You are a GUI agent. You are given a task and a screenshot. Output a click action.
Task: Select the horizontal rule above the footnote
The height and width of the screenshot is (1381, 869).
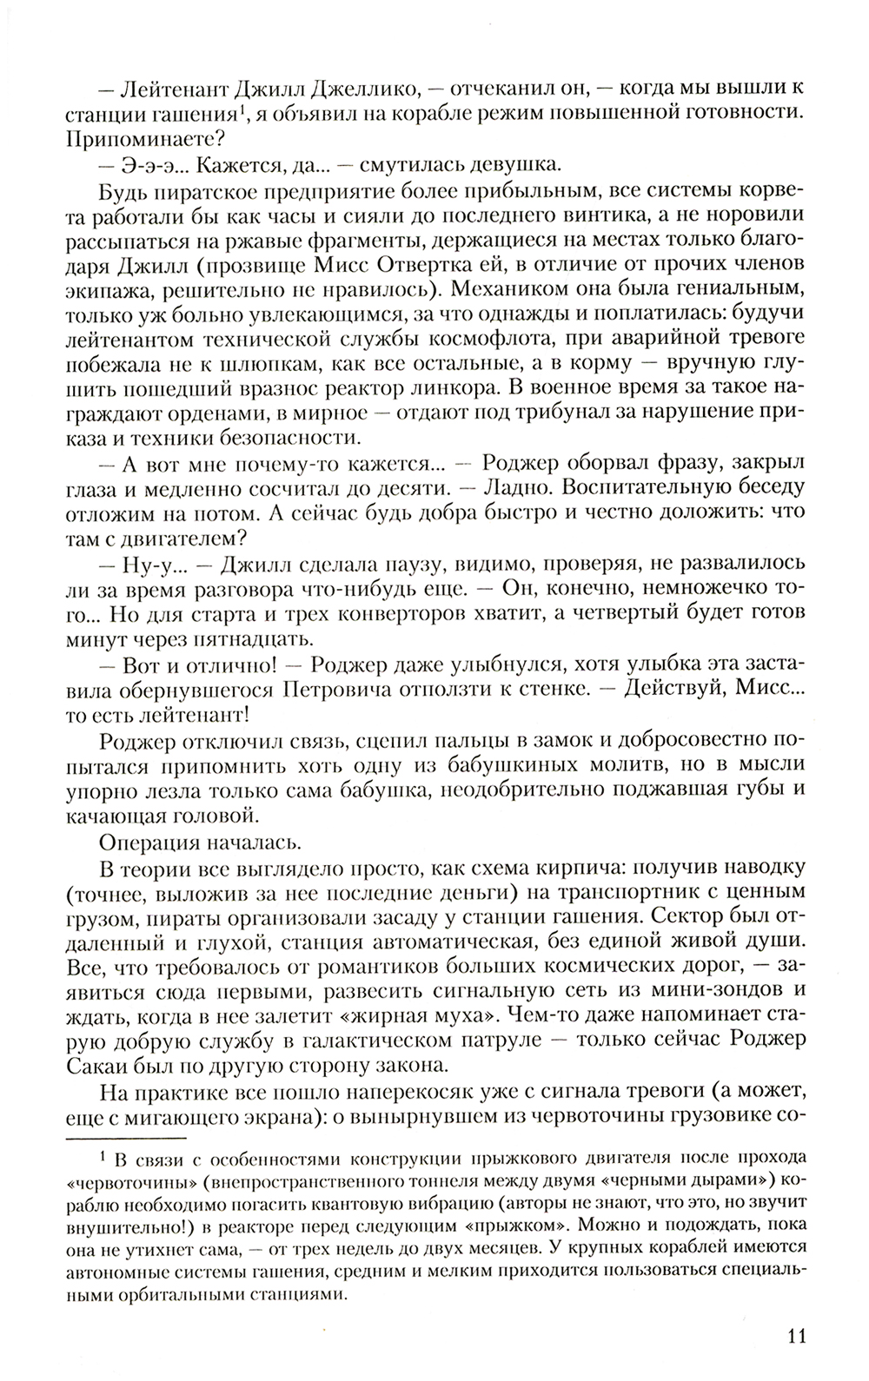(127, 1137)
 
